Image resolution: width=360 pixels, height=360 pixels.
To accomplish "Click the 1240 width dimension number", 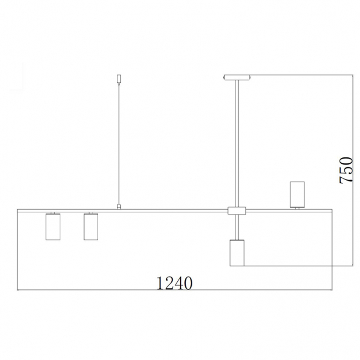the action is pos(174,283).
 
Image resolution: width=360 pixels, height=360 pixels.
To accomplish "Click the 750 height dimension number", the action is pos(346,170).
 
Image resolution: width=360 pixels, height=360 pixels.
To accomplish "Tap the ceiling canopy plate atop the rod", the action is pos(237,78).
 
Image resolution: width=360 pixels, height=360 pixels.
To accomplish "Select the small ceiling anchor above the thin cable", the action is pos(119,79).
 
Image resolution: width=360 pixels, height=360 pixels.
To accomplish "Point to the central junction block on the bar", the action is pos(237,211).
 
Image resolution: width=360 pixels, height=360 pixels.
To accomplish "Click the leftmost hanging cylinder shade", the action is pos(53,227).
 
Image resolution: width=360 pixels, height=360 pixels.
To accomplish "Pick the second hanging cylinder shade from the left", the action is pos(91,227).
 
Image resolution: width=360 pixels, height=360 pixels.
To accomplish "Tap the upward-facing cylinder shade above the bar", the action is pos(297,194).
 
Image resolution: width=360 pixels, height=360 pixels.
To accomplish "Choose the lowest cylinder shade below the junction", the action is pos(237,253).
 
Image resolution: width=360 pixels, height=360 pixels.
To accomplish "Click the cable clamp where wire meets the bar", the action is pos(119,206).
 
